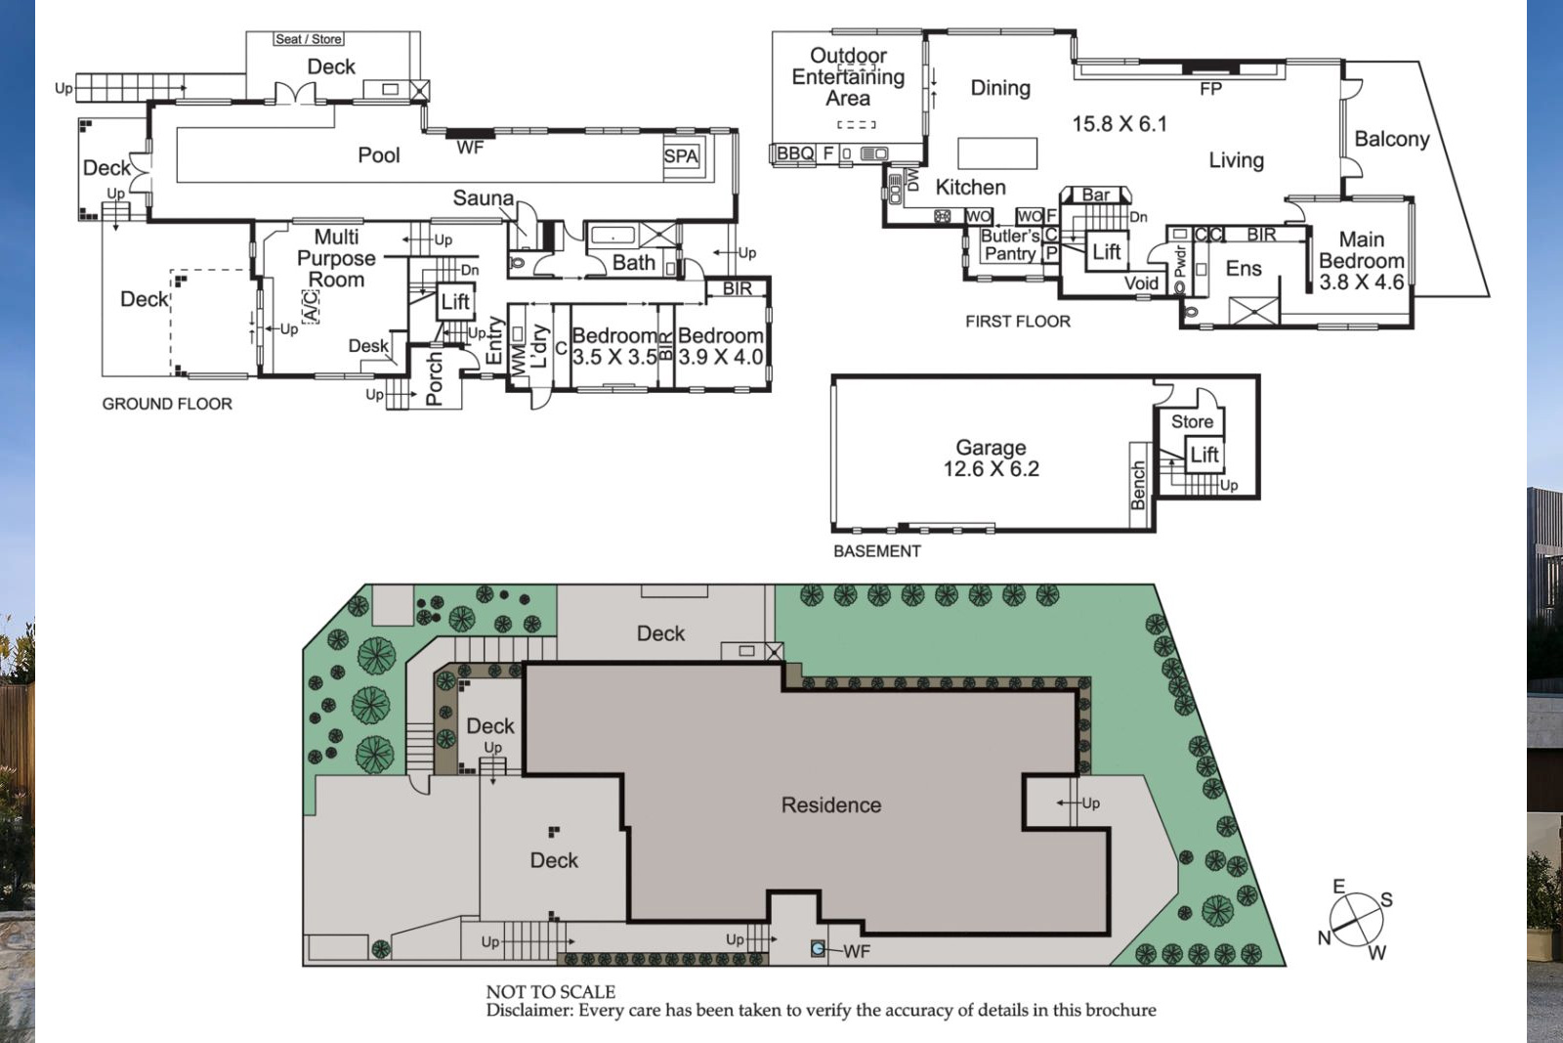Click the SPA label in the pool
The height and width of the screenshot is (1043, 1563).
pos(681,155)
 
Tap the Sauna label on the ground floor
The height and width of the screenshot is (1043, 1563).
pos(483,198)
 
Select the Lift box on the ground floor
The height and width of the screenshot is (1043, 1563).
pos(455,302)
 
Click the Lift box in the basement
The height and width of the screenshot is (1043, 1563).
pos(1204,456)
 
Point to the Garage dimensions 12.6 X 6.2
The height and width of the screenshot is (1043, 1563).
pos(991,468)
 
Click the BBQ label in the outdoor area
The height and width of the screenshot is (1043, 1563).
pos(795,153)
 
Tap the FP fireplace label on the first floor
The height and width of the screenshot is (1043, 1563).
pos(1210,89)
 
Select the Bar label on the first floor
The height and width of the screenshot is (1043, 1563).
pos(1095,196)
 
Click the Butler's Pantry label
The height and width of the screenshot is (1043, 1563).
pos(1010,245)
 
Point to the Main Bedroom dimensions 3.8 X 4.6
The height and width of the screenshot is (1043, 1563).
pos(1362,282)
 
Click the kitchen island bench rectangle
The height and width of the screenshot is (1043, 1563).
pos(997,153)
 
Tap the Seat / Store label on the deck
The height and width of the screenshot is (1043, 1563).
pos(309,39)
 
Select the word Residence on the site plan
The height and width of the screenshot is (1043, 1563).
pos(831,804)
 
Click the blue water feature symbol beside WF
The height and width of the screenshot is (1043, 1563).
pos(818,949)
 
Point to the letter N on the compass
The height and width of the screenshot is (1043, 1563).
pos(1324,938)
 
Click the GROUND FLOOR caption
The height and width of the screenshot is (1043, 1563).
pos(167,405)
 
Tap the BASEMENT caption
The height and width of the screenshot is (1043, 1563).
pos(877,551)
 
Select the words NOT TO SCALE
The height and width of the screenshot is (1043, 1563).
pos(551,992)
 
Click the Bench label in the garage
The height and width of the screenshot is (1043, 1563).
pos(1138,485)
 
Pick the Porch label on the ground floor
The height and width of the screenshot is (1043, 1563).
pos(434,378)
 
